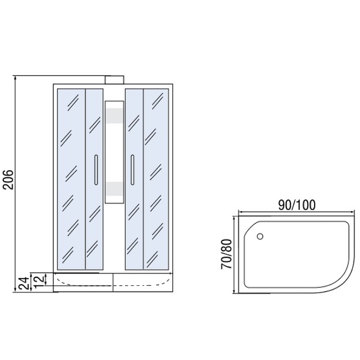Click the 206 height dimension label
click(9, 180)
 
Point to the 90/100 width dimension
click(297, 205)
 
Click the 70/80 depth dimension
click(226, 254)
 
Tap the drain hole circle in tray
click(260, 236)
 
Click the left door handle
click(96, 170)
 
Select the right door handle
click(132, 170)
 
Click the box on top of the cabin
click(115, 80)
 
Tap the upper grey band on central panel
click(114, 115)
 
